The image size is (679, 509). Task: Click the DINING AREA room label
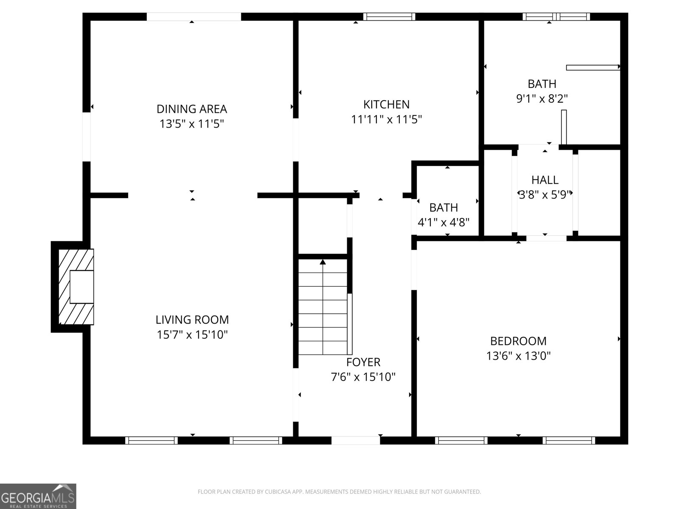pyautogui.click(x=191, y=109)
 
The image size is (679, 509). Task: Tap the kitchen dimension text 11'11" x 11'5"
pyautogui.click(x=386, y=120)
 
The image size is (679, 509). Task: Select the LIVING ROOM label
pyautogui.click(x=192, y=319)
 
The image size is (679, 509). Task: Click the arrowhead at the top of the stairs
pyautogui.click(x=323, y=262)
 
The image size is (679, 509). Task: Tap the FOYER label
pyautogui.click(x=363, y=362)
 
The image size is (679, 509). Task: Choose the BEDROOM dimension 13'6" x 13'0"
pyautogui.click(x=518, y=356)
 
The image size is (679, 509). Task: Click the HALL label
pyautogui.click(x=545, y=180)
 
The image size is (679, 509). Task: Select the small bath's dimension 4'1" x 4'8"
pyautogui.click(x=443, y=222)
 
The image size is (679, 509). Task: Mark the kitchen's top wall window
pyautogui.click(x=389, y=17)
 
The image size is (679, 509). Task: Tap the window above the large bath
pyautogui.click(x=556, y=17)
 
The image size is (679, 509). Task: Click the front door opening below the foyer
pyautogui.click(x=356, y=440)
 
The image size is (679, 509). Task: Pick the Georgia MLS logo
pyautogui.click(x=38, y=496)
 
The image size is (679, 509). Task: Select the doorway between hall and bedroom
pyautogui.click(x=546, y=238)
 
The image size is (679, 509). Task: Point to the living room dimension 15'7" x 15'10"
pyautogui.click(x=192, y=335)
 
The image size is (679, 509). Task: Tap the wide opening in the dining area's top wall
pyautogui.click(x=194, y=17)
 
